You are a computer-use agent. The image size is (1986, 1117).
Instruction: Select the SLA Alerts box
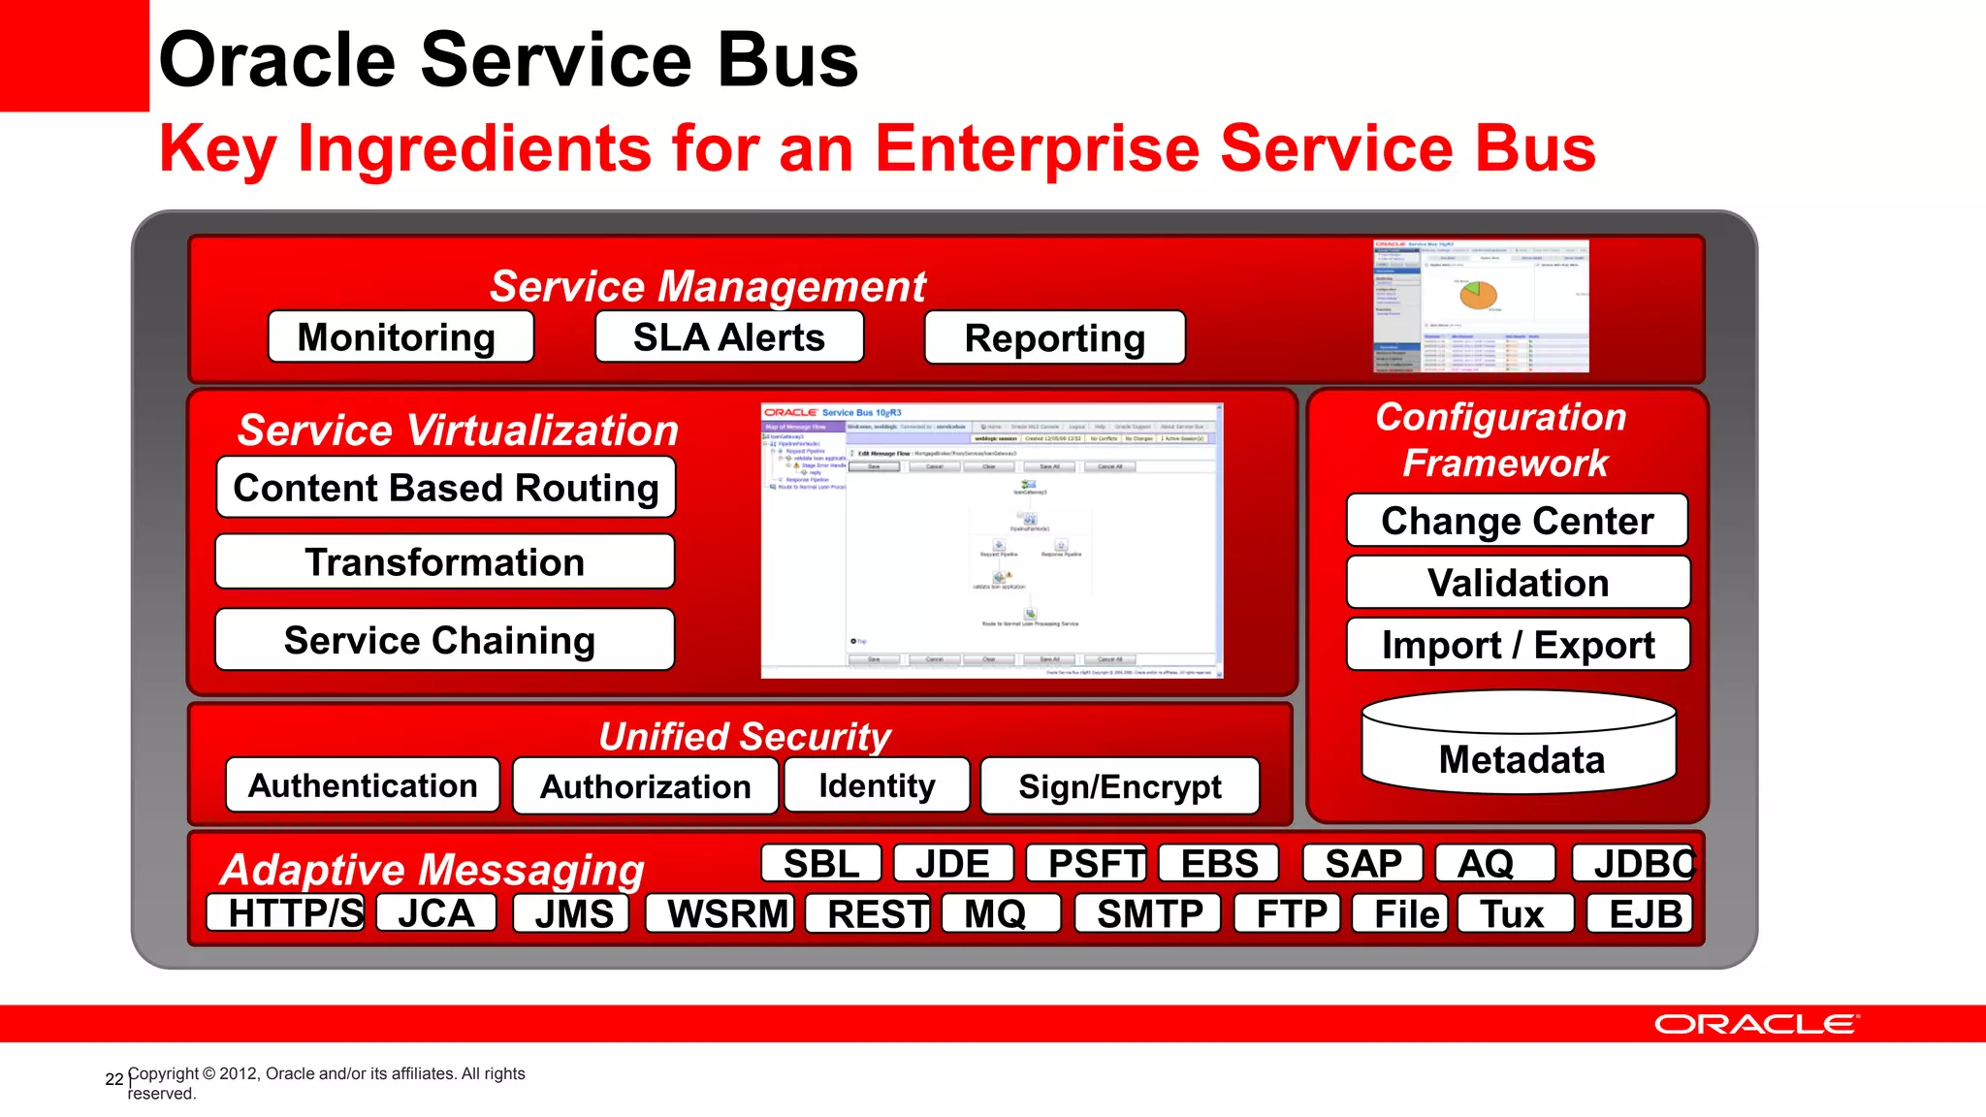(x=728, y=336)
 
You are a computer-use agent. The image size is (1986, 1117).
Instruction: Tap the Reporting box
(x=1054, y=337)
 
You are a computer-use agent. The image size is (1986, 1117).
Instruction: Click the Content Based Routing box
(x=445, y=487)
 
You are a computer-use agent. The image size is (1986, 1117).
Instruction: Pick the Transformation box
(x=444, y=561)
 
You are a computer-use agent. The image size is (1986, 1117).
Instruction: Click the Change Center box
(x=1517, y=521)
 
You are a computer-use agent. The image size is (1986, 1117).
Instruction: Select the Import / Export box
(x=1518, y=645)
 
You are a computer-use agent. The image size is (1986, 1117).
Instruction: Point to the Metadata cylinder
(x=1520, y=747)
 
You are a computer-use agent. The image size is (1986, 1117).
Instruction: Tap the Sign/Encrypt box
(x=1119, y=786)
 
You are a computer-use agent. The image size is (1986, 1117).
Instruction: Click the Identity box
(x=876, y=785)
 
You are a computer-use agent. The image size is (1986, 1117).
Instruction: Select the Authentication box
(x=363, y=785)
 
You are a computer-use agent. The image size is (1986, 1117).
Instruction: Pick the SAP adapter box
(x=1361, y=863)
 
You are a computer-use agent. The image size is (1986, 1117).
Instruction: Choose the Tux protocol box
(x=1513, y=913)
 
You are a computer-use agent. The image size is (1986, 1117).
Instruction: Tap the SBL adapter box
(x=820, y=863)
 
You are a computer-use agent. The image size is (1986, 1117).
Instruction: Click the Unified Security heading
(x=744, y=736)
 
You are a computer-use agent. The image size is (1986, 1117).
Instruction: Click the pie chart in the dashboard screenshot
(x=1478, y=295)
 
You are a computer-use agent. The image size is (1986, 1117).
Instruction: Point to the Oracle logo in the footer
(x=1756, y=1024)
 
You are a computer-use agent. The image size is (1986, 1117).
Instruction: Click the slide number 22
(x=113, y=1079)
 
